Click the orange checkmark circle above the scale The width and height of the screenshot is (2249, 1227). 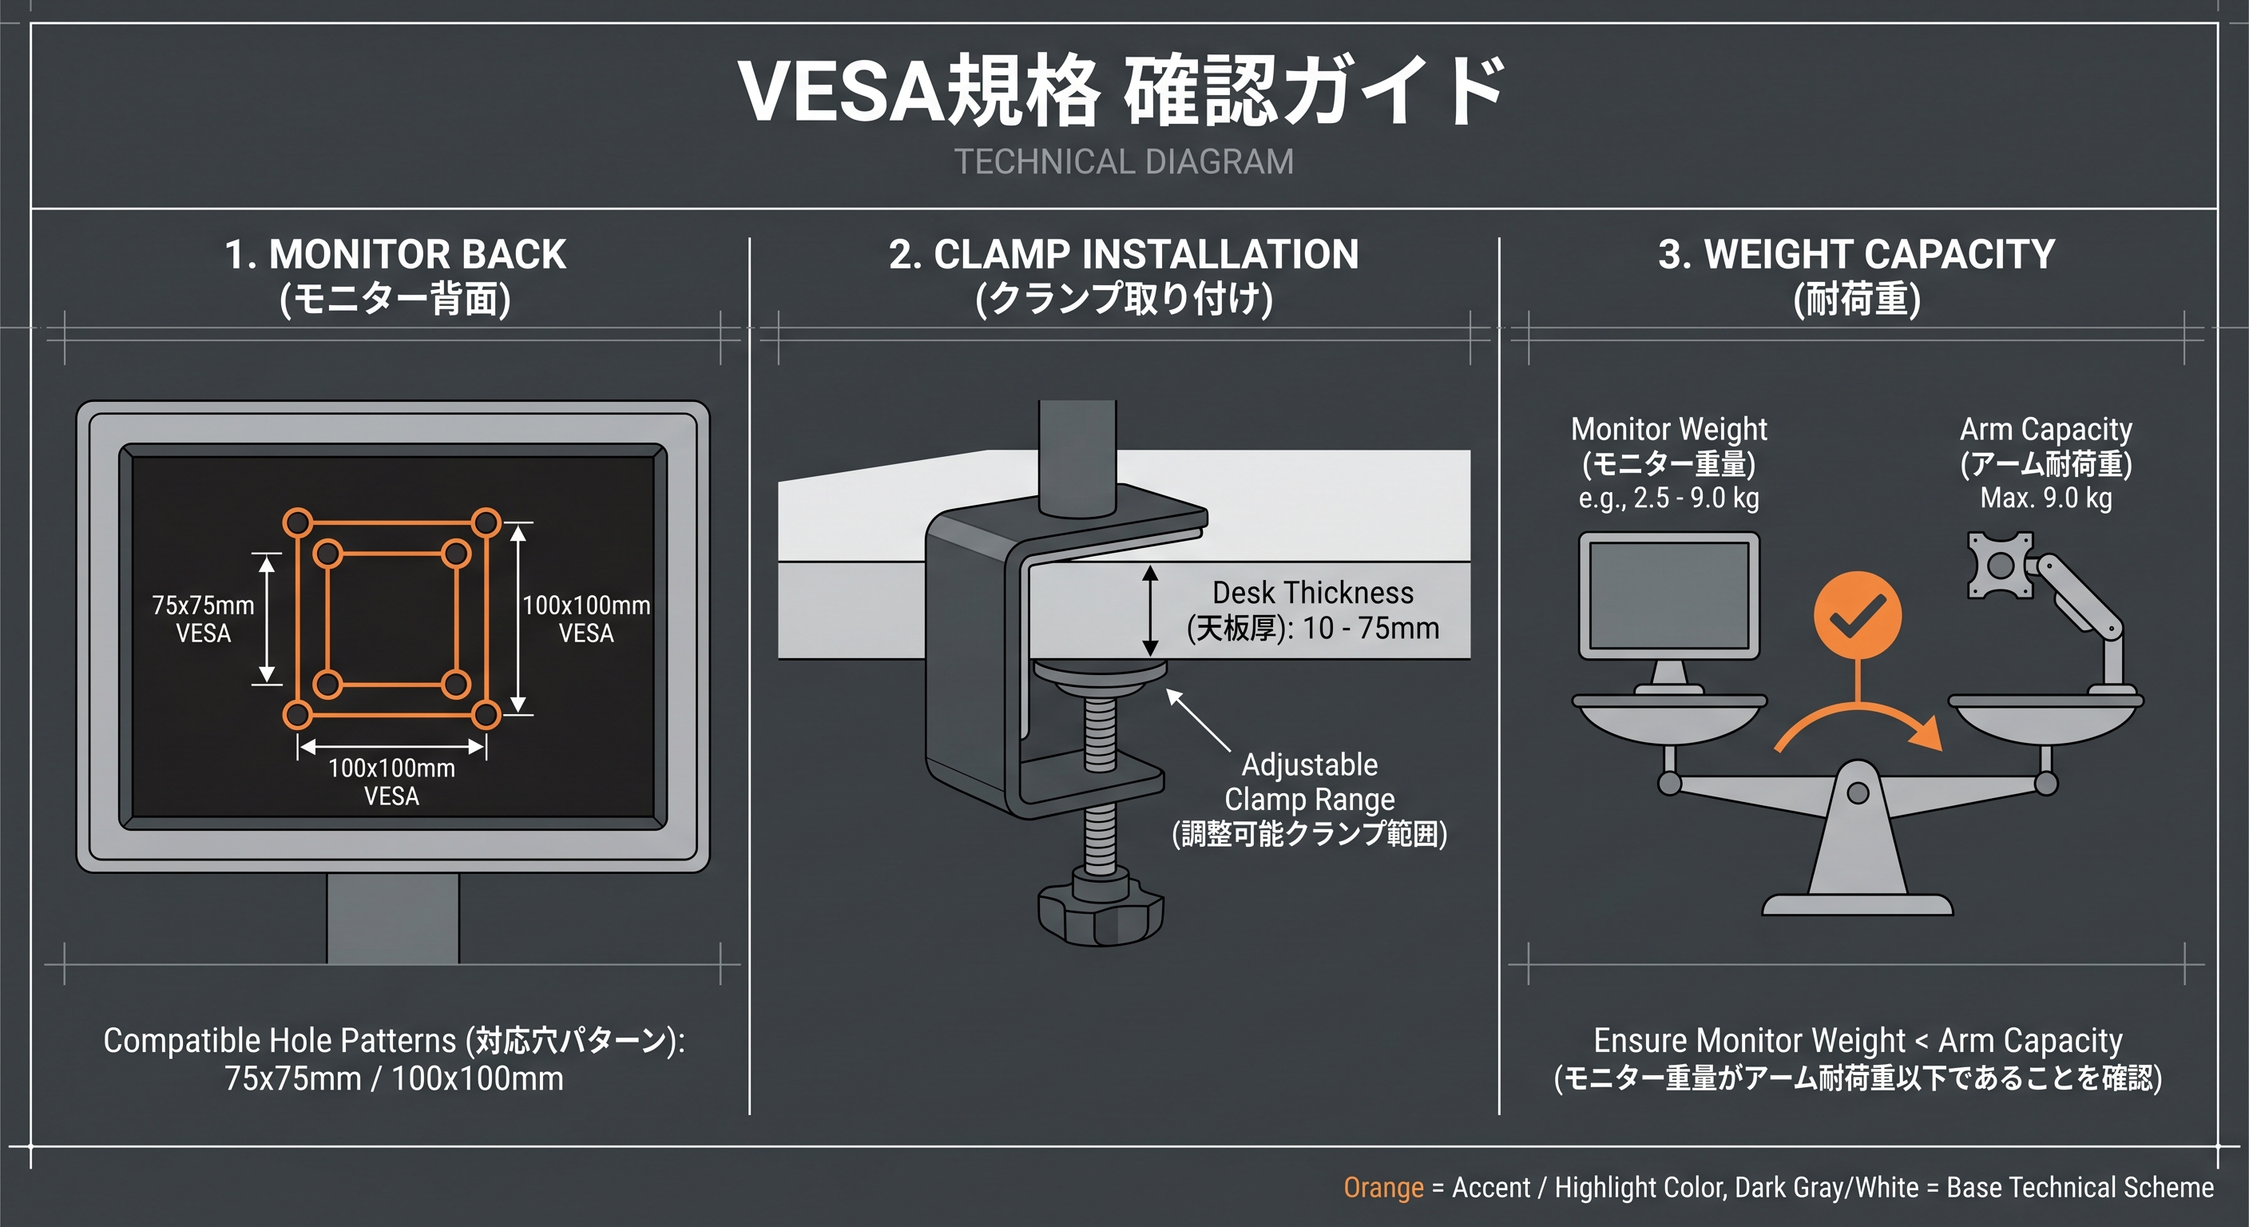tap(1857, 616)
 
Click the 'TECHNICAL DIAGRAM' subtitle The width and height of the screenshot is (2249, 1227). tap(1124, 162)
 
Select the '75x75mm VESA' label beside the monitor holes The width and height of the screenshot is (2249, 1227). tap(204, 618)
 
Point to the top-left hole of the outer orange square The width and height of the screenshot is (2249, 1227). tap(298, 523)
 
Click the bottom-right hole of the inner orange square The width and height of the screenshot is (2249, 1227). tap(456, 683)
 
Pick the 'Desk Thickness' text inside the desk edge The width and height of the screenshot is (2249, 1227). tap(1312, 593)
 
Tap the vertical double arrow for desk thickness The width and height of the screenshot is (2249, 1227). tap(1150, 610)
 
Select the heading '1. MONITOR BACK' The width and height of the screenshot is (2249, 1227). tap(395, 255)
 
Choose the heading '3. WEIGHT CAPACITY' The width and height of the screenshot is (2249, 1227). tap(1856, 255)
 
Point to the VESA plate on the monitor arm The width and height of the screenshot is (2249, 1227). tap(1999, 566)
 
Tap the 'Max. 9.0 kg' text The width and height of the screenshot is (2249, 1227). tap(2045, 498)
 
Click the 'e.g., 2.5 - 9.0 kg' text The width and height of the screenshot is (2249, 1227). tap(1668, 498)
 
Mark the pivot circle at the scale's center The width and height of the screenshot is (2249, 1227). tap(1858, 793)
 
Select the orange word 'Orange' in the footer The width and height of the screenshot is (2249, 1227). tap(1383, 1188)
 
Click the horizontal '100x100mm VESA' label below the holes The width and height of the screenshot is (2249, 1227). tap(391, 781)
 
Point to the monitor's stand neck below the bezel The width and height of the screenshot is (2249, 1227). tap(393, 917)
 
